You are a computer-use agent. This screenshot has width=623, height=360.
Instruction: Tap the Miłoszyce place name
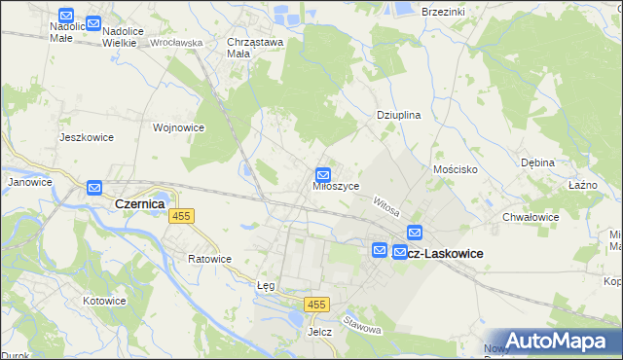tap(337, 185)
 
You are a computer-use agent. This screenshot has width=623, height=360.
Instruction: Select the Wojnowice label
tap(178, 126)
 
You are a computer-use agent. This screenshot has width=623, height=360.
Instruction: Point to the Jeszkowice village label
tap(87, 137)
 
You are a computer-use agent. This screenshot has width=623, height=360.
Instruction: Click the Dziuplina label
tap(398, 115)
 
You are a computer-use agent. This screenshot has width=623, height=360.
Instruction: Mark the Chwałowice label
tap(531, 217)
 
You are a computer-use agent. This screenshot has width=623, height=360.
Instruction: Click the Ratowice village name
tap(209, 259)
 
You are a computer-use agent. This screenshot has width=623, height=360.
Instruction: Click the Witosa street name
tap(386, 204)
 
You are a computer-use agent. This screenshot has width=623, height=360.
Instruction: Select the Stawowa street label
tap(362, 324)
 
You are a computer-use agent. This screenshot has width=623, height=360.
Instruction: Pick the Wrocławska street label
tap(175, 43)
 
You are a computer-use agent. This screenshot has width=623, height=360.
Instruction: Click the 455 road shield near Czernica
tap(181, 216)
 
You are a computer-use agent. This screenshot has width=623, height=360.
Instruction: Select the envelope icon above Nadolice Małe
tap(66, 16)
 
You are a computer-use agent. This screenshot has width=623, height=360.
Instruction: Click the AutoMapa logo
tap(554, 341)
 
